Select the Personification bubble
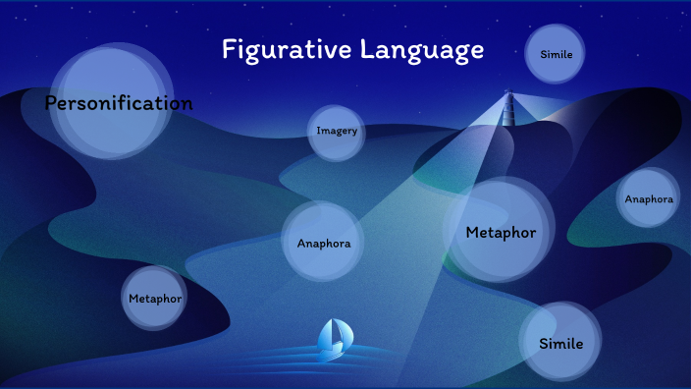(x=111, y=102)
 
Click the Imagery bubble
(x=337, y=132)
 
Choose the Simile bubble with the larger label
(x=560, y=344)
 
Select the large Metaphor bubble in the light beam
(x=501, y=232)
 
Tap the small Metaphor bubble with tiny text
(x=155, y=298)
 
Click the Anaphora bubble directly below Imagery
(x=323, y=242)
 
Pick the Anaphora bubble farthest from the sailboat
(x=649, y=198)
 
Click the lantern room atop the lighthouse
(x=508, y=94)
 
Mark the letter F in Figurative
(x=229, y=49)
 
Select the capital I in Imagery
(x=319, y=131)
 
